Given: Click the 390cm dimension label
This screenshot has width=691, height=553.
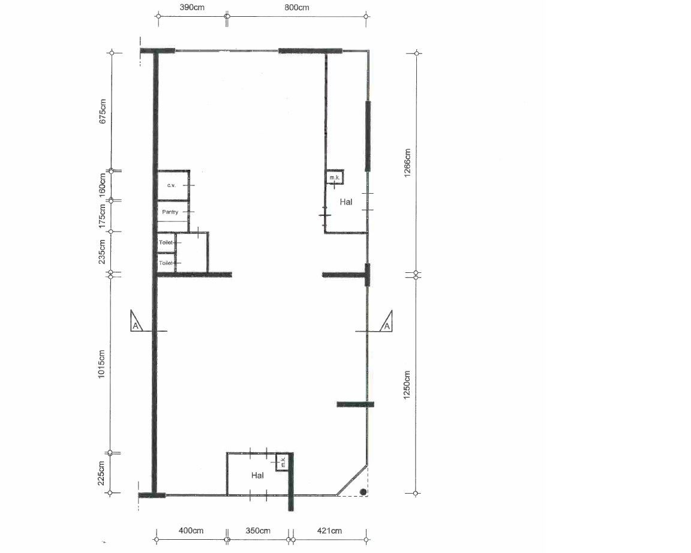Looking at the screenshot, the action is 192,7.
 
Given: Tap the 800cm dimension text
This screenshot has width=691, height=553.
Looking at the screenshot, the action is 296,7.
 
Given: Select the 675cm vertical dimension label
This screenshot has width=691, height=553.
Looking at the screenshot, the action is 103,111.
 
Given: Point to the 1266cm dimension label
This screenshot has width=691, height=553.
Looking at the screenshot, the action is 407,163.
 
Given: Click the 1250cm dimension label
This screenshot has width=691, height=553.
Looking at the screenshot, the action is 407,385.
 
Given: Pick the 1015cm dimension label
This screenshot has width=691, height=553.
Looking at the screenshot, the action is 101,364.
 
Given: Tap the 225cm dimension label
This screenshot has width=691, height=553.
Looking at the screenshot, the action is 101,473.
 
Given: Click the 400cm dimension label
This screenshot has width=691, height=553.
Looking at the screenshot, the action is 191,531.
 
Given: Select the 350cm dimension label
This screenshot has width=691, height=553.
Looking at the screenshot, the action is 258,531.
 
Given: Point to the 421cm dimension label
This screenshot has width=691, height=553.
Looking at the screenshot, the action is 329,531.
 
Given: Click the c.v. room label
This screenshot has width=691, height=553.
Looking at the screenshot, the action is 172,185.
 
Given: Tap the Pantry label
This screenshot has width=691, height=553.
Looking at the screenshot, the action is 170,212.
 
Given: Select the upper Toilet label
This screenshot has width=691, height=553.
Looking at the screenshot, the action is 166,242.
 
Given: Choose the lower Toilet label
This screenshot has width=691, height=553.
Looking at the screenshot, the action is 166,263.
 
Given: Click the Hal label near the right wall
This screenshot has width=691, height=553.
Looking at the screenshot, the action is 346,202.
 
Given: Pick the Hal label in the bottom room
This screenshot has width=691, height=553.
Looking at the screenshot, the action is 257,475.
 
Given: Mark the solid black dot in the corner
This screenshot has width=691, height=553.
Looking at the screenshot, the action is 363,492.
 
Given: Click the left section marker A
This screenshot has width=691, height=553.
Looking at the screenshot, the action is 136,326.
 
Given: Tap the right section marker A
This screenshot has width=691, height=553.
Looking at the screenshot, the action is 386,326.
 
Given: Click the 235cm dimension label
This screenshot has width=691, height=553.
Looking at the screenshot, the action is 102,251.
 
